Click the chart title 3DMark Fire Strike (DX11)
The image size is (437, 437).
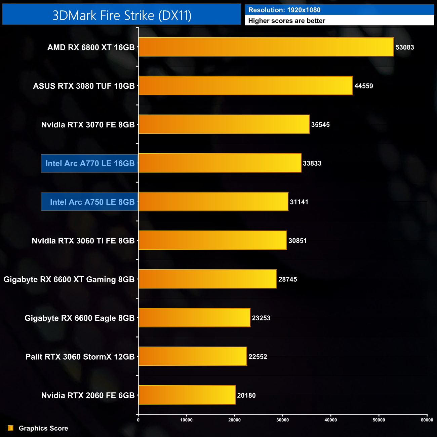(122, 15)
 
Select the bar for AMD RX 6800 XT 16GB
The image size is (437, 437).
(266, 47)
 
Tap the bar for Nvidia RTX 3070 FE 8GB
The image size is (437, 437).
(224, 124)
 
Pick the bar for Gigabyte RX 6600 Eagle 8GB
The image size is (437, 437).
(194, 318)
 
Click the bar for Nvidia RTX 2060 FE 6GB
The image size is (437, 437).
(187, 395)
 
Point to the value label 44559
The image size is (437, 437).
(364, 86)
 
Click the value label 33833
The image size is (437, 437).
(312, 163)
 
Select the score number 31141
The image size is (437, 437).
(299, 202)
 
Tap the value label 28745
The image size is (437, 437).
(287, 279)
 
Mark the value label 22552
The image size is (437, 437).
(258, 357)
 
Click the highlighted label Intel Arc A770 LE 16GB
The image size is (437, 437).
(90, 163)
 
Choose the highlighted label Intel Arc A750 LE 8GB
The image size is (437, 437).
(92, 202)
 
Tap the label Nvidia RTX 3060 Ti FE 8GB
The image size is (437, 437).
(83, 241)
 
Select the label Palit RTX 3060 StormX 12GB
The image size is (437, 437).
(80, 357)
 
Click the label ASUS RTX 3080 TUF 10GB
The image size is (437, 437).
(84, 86)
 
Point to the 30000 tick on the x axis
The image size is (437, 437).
(283, 420)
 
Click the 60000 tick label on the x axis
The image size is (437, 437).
(427, 420)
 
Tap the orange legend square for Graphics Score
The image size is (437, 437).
(11, 428)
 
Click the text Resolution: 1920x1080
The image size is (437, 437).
(284, 10)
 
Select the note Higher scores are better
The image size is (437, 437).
(287, 21)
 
